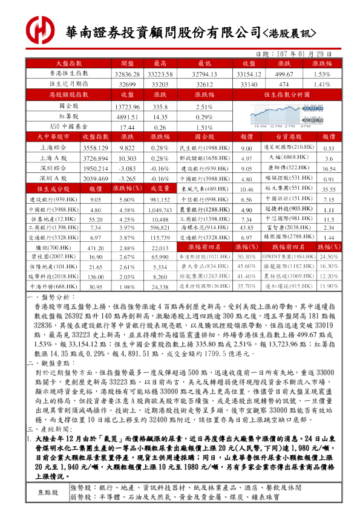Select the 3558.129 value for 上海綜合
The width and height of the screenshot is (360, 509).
tap(96, 148)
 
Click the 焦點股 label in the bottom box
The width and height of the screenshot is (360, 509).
tap(48, 493)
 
